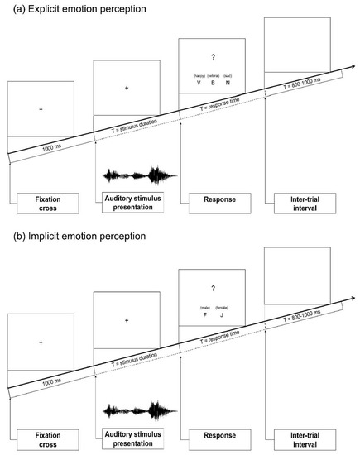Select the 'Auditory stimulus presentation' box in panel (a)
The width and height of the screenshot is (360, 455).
(x=132, y=204)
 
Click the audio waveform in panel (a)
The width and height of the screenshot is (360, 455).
(x=139, y=175)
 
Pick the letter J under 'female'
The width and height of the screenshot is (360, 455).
(x=221, y=314)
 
